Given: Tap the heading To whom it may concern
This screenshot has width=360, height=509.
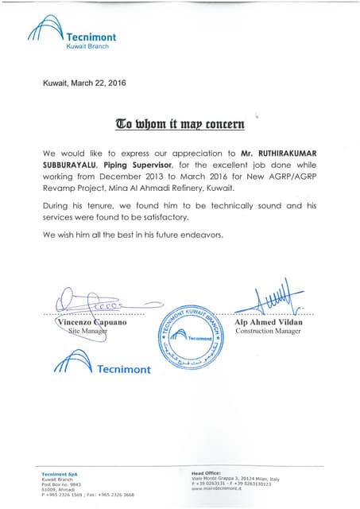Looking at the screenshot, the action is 180,123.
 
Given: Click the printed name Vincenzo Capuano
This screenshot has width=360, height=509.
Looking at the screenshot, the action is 94,322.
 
